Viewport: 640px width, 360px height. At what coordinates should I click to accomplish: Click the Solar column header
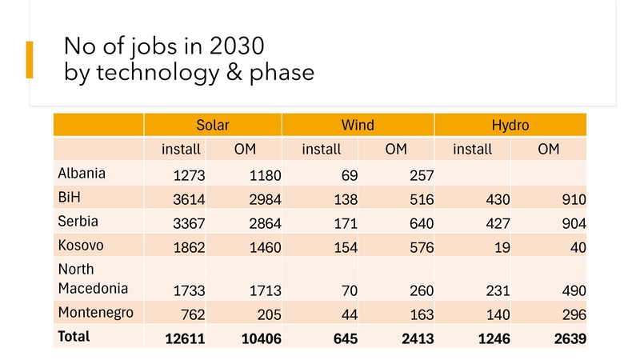tap(212, 126)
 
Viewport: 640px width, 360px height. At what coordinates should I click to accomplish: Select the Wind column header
tap(358, 126)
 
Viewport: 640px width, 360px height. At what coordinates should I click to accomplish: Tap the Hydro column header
tap(510, 126)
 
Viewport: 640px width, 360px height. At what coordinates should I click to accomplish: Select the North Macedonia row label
tap(86, 279)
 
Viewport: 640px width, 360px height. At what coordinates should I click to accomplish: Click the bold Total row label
tap(74, 337)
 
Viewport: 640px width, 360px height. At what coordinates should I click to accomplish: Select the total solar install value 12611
tap(185, 339)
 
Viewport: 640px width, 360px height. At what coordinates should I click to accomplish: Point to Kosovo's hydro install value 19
tap(501, 248)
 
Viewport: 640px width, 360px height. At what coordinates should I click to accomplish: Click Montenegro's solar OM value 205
tap(268, 315)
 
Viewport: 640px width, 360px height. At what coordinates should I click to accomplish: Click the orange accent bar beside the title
tap(30, 59)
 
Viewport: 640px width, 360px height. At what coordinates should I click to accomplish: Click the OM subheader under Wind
tap(396, 150)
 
